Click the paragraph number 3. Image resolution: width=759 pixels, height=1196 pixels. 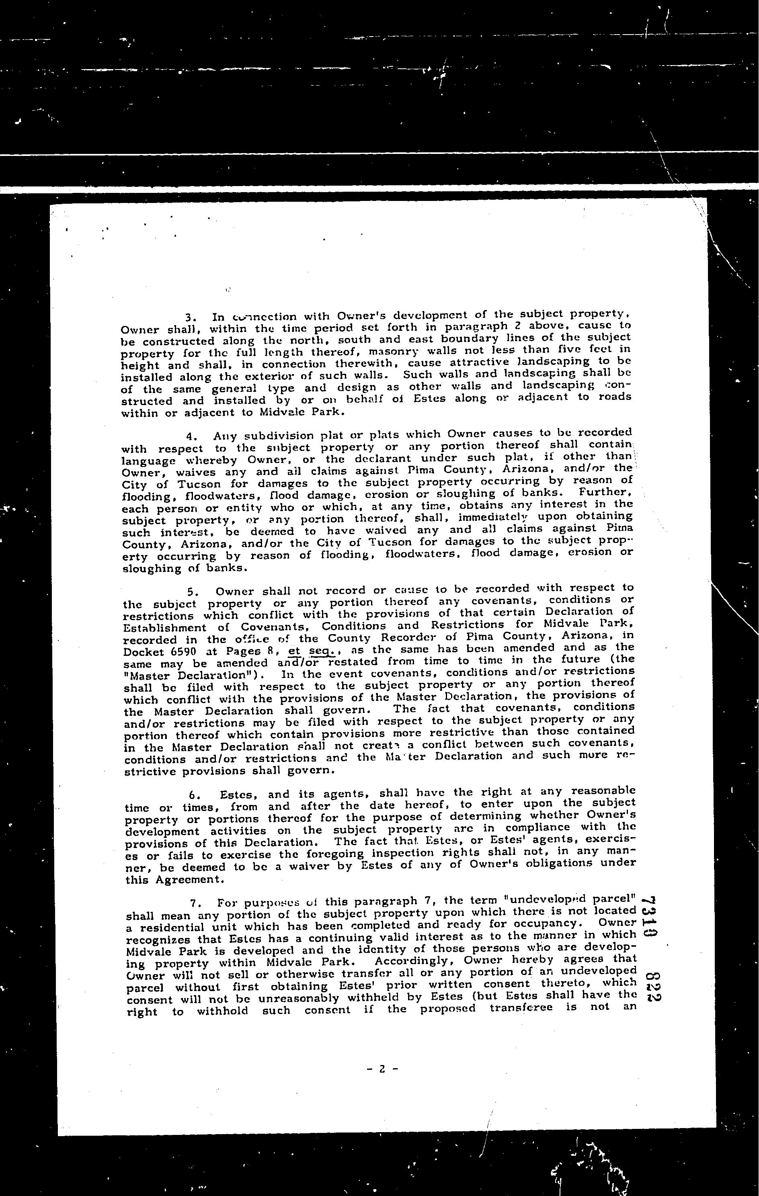click(x=189, y=317)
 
